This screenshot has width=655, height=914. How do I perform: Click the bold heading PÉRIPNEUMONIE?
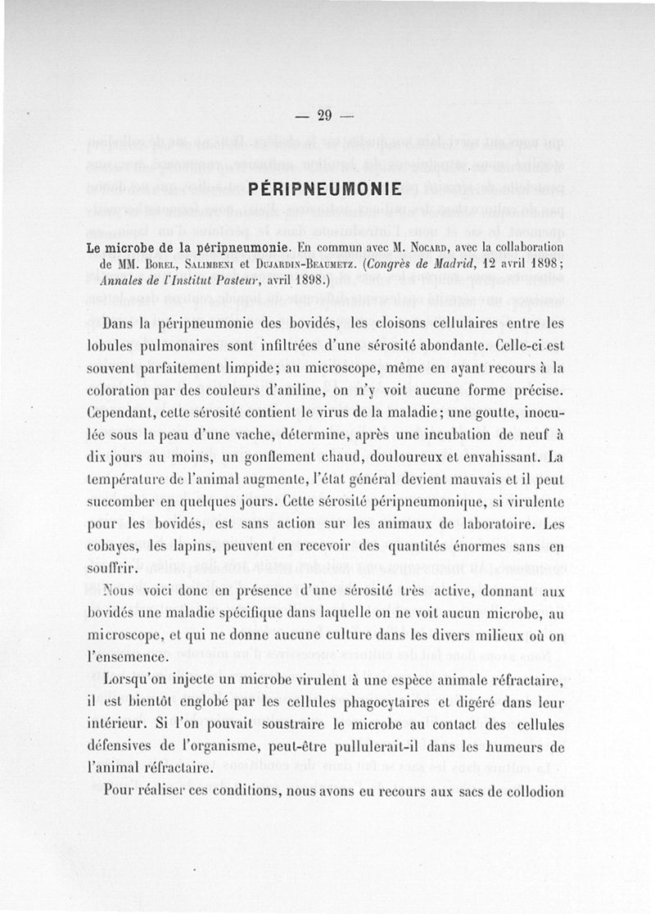coord(324,189)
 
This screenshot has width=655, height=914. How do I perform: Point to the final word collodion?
coord(526,791)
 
